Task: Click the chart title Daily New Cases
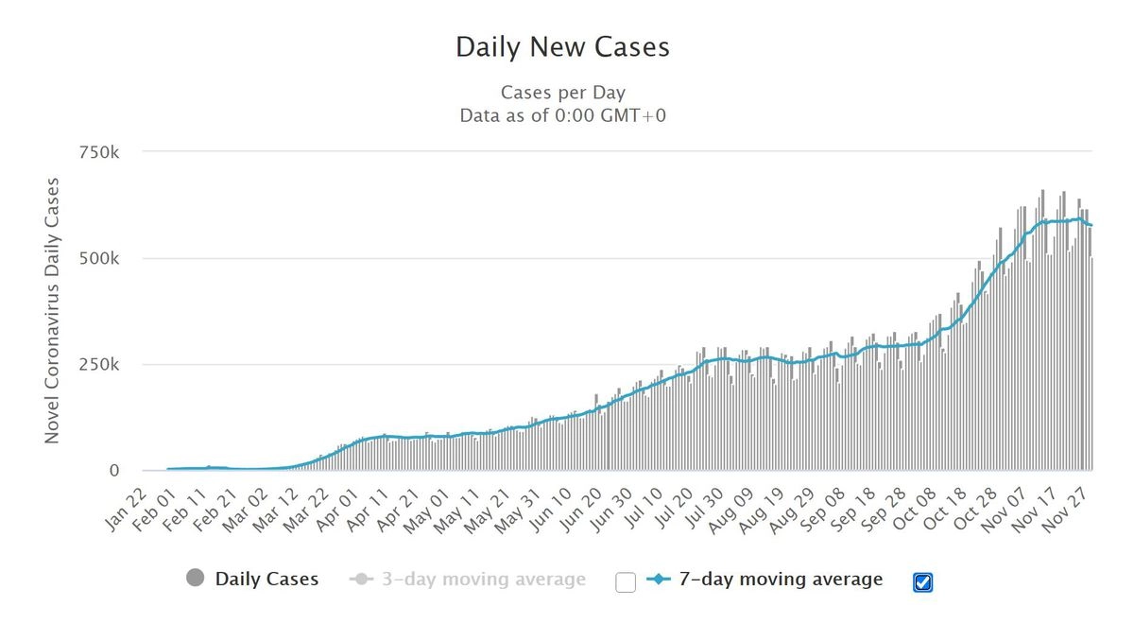point(562,47)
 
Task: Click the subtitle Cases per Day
point(562,93)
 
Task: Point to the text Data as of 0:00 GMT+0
point(562,116)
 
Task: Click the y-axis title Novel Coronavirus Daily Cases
point(53,310)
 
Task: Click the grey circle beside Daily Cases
point(197,579)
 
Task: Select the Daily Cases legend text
point(266,579)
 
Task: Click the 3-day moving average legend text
point(483,579)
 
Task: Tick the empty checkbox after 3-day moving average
point(626,582)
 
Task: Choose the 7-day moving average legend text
point(781,579)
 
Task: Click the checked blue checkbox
point(923,582)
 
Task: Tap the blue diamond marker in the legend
point(660,579)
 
